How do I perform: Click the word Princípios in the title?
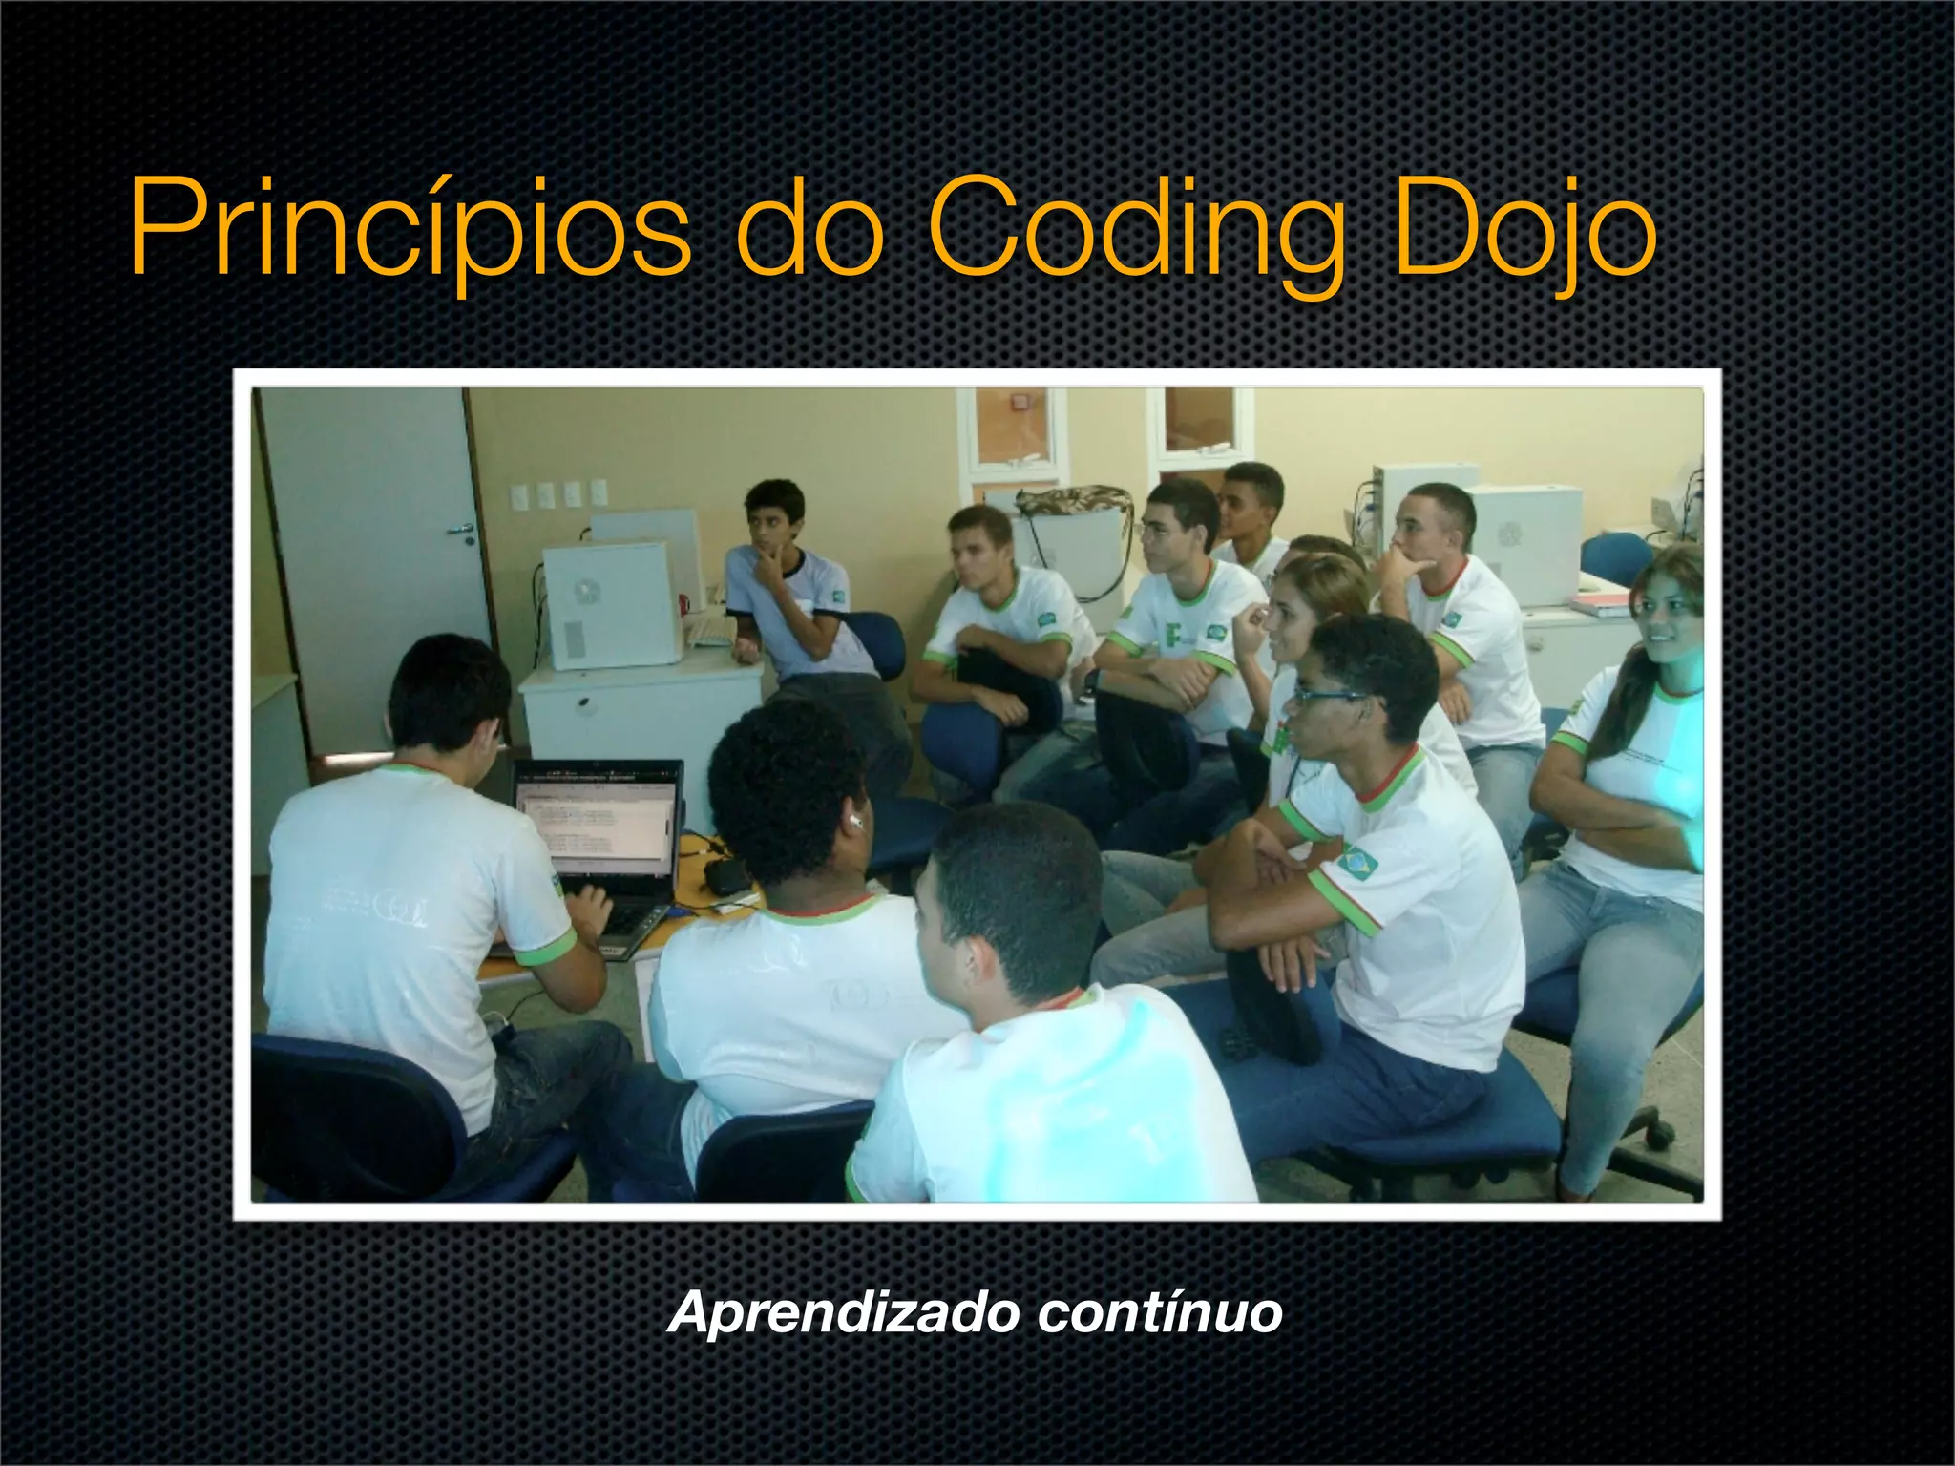(410, 229)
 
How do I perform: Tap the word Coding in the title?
(1136, 229)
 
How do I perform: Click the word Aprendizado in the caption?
(844, 1313)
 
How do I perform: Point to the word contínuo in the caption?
(1159, 1311)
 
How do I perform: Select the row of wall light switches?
(558, 493)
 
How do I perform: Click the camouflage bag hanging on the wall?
(1074, 501)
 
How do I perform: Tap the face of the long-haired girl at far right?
(1666, 616)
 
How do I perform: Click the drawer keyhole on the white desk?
(581, 703)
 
